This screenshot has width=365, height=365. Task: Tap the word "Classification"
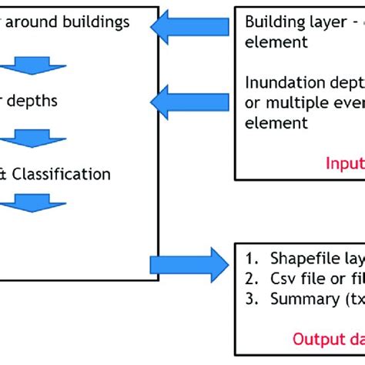click(x=65, y=174)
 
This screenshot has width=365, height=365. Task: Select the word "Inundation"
click(x=282, y=84)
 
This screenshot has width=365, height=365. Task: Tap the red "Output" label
click(x=311, y=337)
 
